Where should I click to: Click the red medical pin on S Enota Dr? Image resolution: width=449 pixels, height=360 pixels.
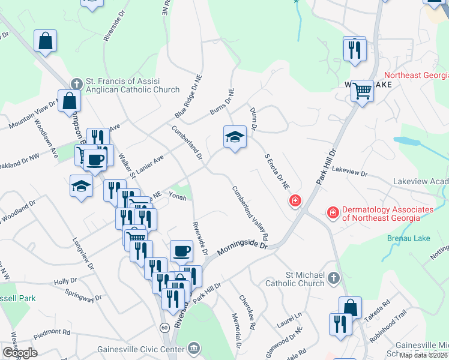coord(295,200)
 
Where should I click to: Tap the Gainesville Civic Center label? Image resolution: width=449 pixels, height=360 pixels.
coord(151,347)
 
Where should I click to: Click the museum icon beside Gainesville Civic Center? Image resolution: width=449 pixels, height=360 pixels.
coord(193,347)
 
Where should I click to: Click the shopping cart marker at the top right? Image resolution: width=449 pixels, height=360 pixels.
coord(362,91)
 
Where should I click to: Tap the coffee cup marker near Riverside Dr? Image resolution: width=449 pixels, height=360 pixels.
coord(181,251)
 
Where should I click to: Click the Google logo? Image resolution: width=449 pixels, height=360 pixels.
coord(20,353)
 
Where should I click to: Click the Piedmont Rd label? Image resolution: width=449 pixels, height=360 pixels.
coord(52,331)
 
